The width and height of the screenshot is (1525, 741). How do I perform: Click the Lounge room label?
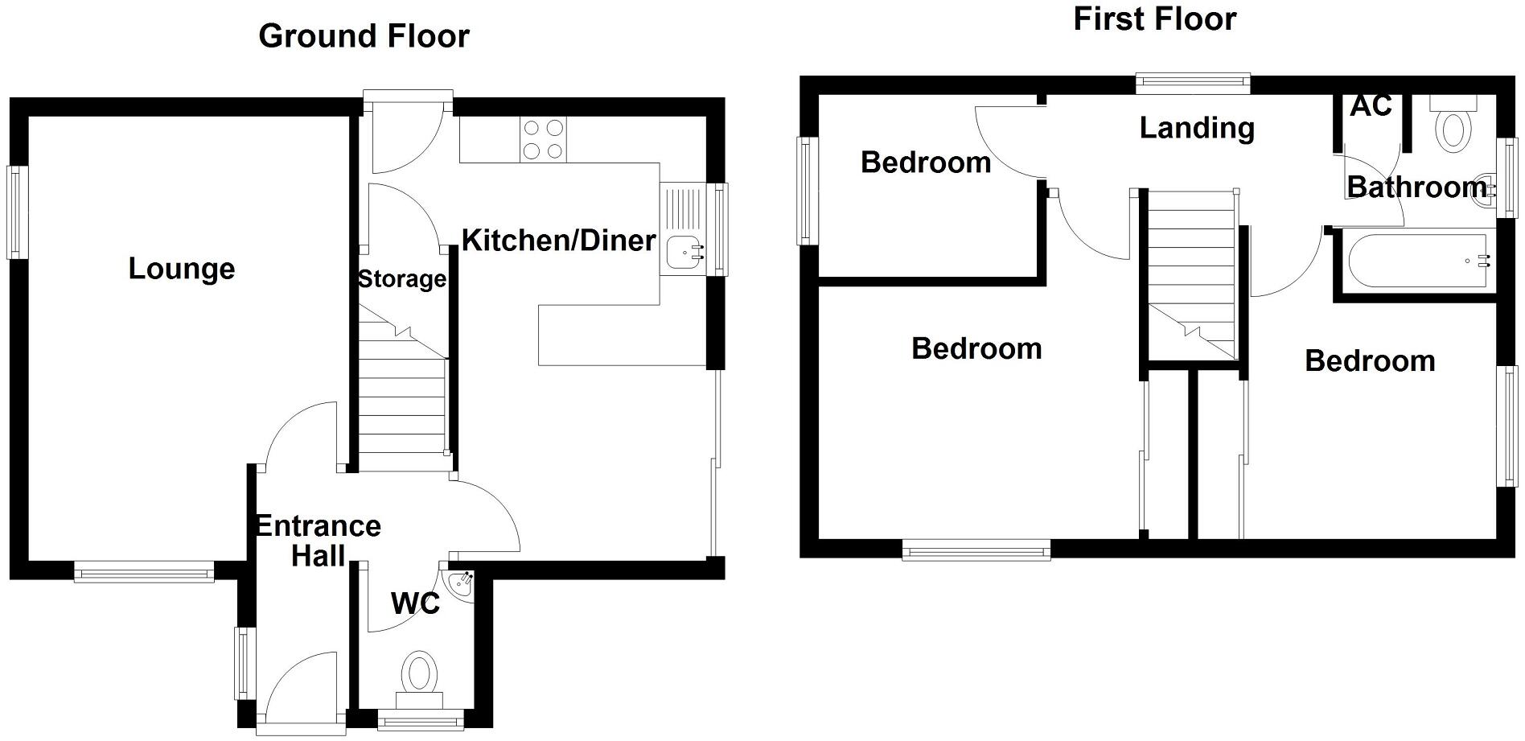pos(182,269)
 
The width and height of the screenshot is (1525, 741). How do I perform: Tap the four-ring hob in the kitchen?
pos(543,139)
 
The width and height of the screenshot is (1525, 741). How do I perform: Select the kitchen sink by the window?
pos(682,251)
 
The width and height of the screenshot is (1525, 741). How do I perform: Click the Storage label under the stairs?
pos(401,279)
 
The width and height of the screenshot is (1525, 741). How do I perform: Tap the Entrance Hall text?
pos(318,541)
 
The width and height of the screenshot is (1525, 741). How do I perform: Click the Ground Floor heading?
pos(364,36)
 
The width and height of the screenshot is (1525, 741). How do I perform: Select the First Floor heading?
pos(1154,19)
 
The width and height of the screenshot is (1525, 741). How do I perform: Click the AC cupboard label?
pos(1371,106)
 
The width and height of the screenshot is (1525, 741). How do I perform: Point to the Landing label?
pos(1197,128)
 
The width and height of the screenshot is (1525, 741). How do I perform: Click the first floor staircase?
pos(1190,274)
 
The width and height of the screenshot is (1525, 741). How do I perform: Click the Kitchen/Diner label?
pos(558,241)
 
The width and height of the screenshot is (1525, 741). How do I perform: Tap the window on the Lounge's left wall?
pos(17,212)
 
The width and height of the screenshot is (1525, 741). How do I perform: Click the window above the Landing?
pos(1193,80)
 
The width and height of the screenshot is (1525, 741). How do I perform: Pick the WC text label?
pos(415,603)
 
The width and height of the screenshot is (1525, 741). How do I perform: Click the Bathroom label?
pos(1416,187)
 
